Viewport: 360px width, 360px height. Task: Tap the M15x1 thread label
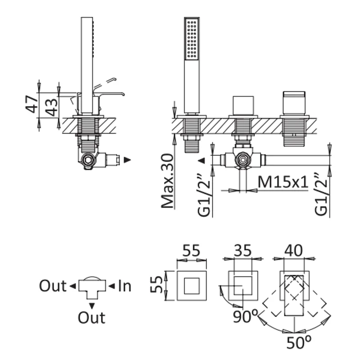click(x=283, y=182)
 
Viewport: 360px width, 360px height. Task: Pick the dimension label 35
click(x=243, y=251)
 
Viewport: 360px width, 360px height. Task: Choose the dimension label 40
click(x=294, y=251)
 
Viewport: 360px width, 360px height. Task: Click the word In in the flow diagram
click(x=125, y=286)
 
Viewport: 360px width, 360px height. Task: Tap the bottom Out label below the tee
click(x=91, y=318)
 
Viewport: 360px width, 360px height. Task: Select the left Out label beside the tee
click(x=53, y=286)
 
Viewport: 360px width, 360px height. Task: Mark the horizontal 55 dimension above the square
click(x=191, y=251)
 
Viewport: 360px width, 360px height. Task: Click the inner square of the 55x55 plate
click(x=191, y=286)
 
